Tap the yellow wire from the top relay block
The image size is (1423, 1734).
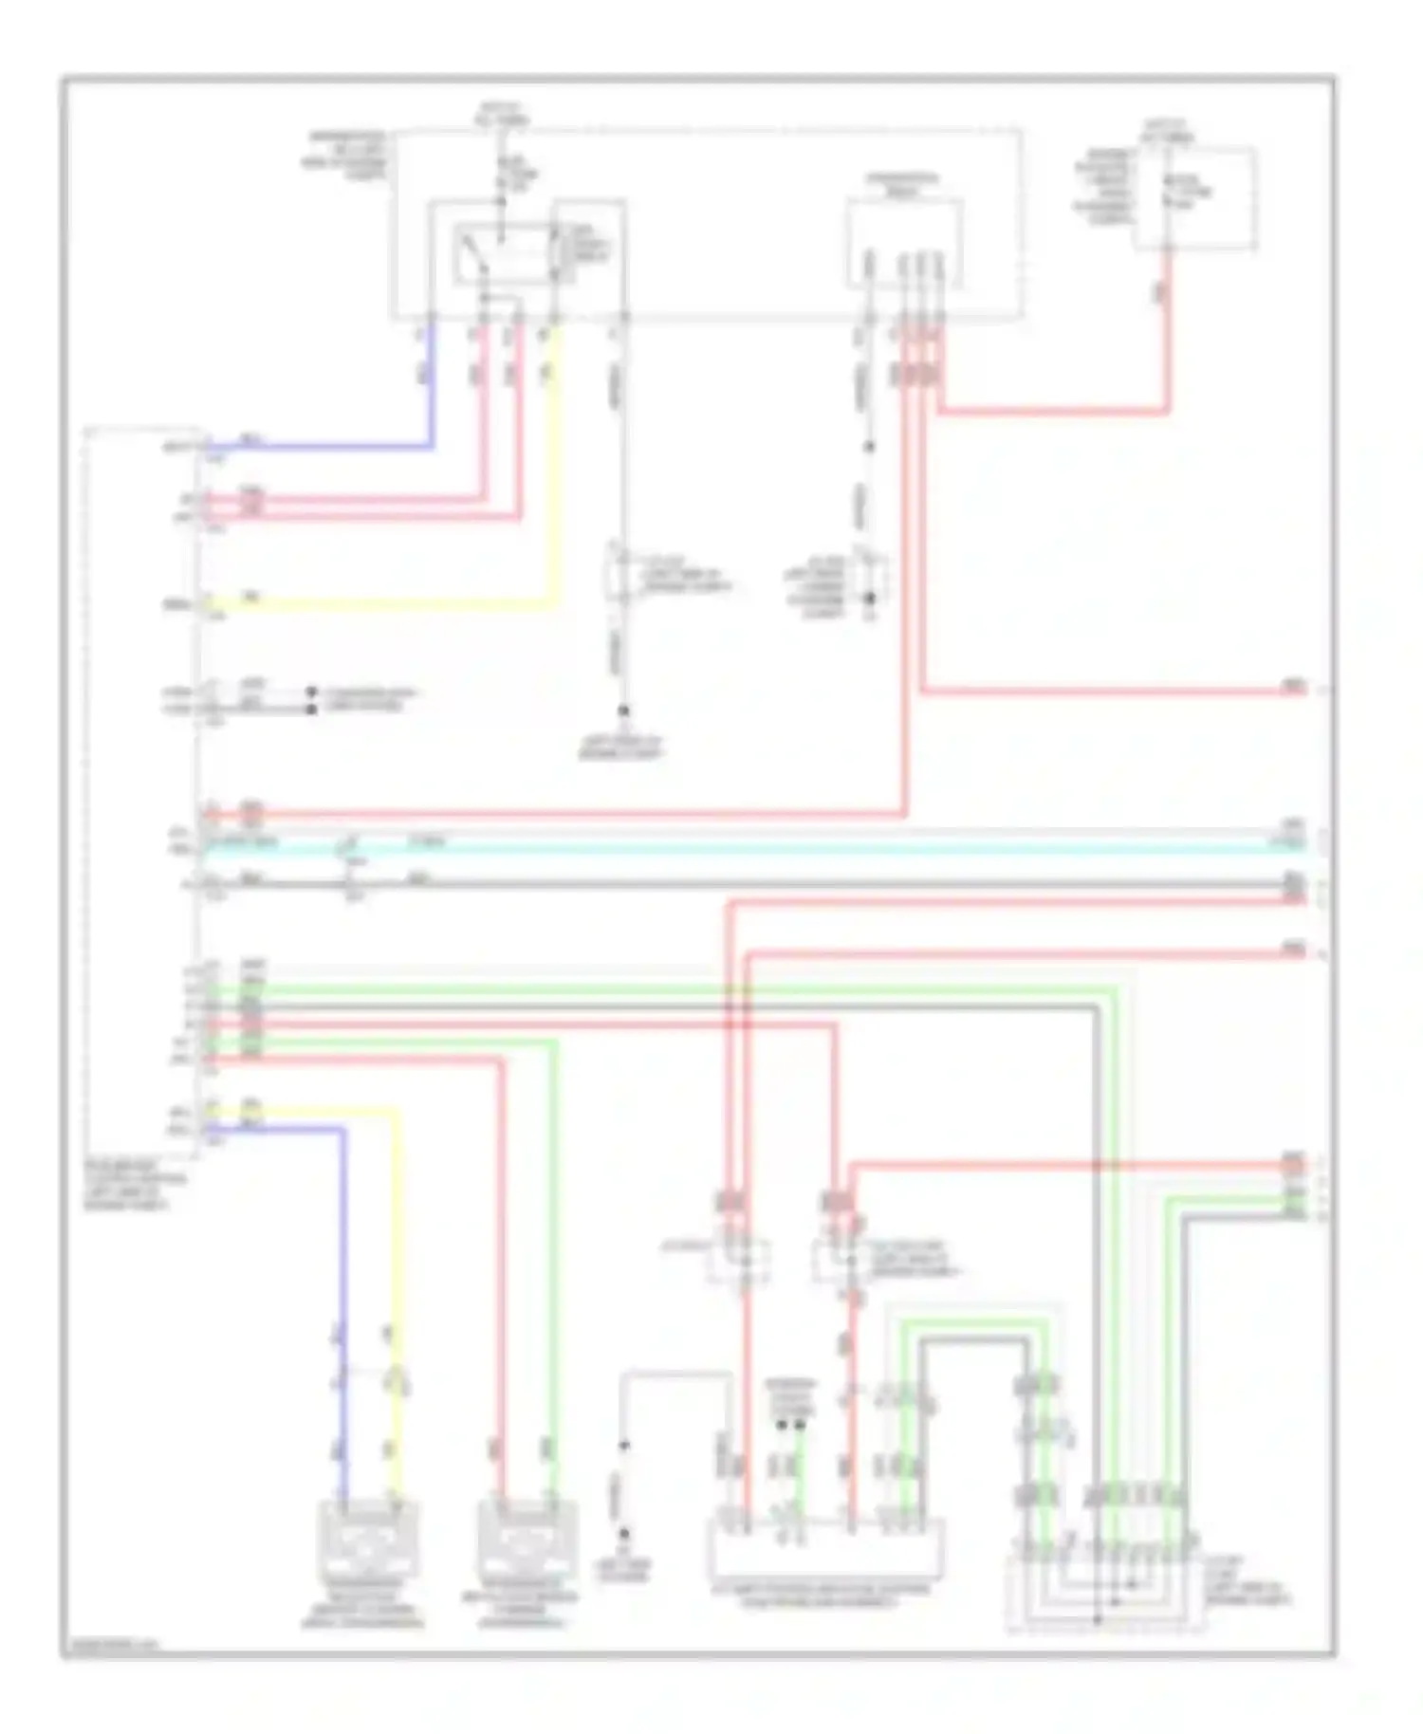coord(555,474)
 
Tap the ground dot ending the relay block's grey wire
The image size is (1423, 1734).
coord(623,710)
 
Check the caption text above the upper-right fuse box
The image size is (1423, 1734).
coord(1168,130)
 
